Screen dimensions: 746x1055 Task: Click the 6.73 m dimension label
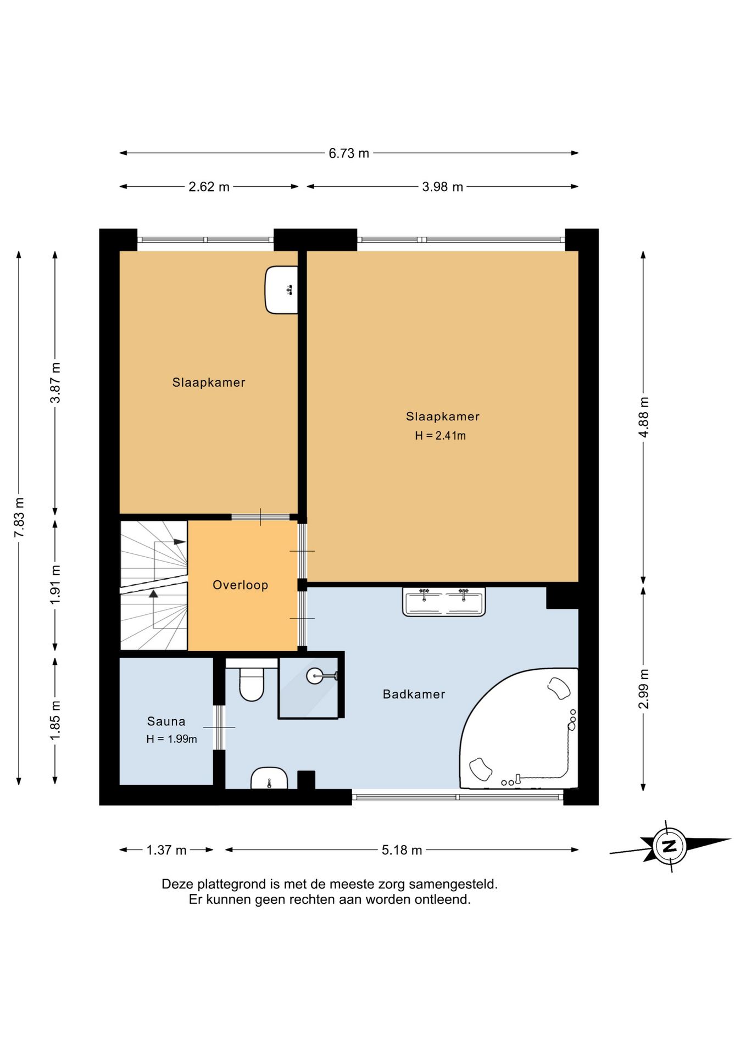(x=349, y=153)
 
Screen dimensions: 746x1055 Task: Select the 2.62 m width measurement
(x=209, y=187)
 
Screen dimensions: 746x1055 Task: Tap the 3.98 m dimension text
(x=442, y=187)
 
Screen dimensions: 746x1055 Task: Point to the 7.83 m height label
(x=19, y=518)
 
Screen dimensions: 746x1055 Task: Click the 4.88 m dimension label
(x=644, y=417)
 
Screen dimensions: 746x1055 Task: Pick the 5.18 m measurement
(x=402, y=850)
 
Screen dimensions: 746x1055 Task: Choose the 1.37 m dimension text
(x=166, y=850)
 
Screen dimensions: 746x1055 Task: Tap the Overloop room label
(x=241, y=585)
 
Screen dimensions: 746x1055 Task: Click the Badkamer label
(x=414, y=694)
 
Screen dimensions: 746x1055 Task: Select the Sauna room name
(x=166, y=721)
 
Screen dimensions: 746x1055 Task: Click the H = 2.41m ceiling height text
(x=440, y=436)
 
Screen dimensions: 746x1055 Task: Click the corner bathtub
(x=519, y=728)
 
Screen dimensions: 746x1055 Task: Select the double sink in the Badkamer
(x=444, y=602)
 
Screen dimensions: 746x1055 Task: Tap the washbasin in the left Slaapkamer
(x=281, y=290)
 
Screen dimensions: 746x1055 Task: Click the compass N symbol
(x=669, y=846)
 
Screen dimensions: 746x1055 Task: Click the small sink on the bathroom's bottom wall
(x=269, y=778)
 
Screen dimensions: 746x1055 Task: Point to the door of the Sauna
(x=219, y=727)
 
